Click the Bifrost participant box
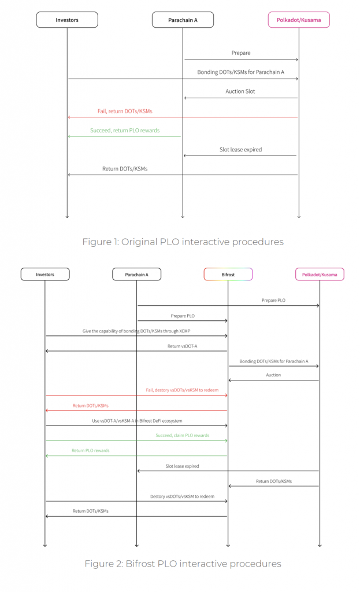tap(228, 275)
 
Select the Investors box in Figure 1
tap(67, 20)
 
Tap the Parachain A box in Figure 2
tap(136, 275)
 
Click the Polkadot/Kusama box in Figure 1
tap(299, 20)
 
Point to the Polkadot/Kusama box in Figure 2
tap(320, 275)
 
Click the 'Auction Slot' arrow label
tap(240, 91)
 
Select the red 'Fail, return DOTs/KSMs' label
tap(125, 110)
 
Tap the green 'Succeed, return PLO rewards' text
tap(125, 130)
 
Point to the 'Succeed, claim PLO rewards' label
tap(183, 435)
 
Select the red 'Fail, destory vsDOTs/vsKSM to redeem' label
tap(182, 390)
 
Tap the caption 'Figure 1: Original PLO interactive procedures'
tap(183, 242)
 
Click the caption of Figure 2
tap(183, 563)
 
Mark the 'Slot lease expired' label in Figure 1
tap(240, 149)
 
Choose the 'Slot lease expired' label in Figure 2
tap(182, 466)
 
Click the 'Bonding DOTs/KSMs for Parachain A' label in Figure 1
tap(240, 72)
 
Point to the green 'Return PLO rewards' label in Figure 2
tap(90, 450)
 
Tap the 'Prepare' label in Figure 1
tap(240, 53)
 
